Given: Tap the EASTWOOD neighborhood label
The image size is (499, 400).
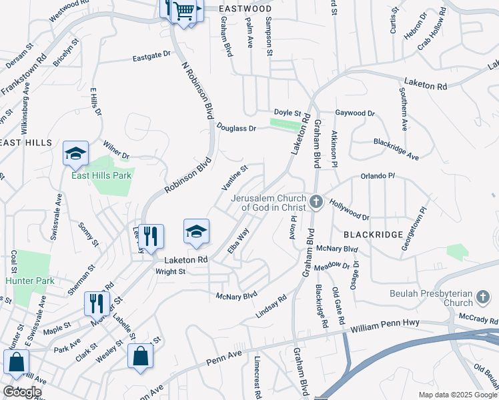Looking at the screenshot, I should click(x=245, y=9).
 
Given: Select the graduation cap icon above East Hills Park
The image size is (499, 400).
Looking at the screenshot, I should click(x=75, y=154).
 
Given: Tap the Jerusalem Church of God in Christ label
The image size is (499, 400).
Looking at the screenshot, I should click(x=268, y=203).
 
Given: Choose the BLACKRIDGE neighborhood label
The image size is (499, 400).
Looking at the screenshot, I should click(x=374, y=235).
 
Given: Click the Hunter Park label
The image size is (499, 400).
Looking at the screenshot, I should click(x=29, y=281).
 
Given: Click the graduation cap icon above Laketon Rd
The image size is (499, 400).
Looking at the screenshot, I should click(x=196, y=231).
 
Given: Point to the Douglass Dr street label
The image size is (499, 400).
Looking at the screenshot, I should click(x=236, y=127).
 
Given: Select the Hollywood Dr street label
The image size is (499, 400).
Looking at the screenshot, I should click(x=349, y=212).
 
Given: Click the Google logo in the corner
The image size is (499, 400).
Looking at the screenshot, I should click(x=22, y=391).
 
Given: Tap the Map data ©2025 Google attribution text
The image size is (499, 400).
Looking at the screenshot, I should click(x=458, y=395).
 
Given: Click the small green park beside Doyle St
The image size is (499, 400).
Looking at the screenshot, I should click(x=286, y=124).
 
